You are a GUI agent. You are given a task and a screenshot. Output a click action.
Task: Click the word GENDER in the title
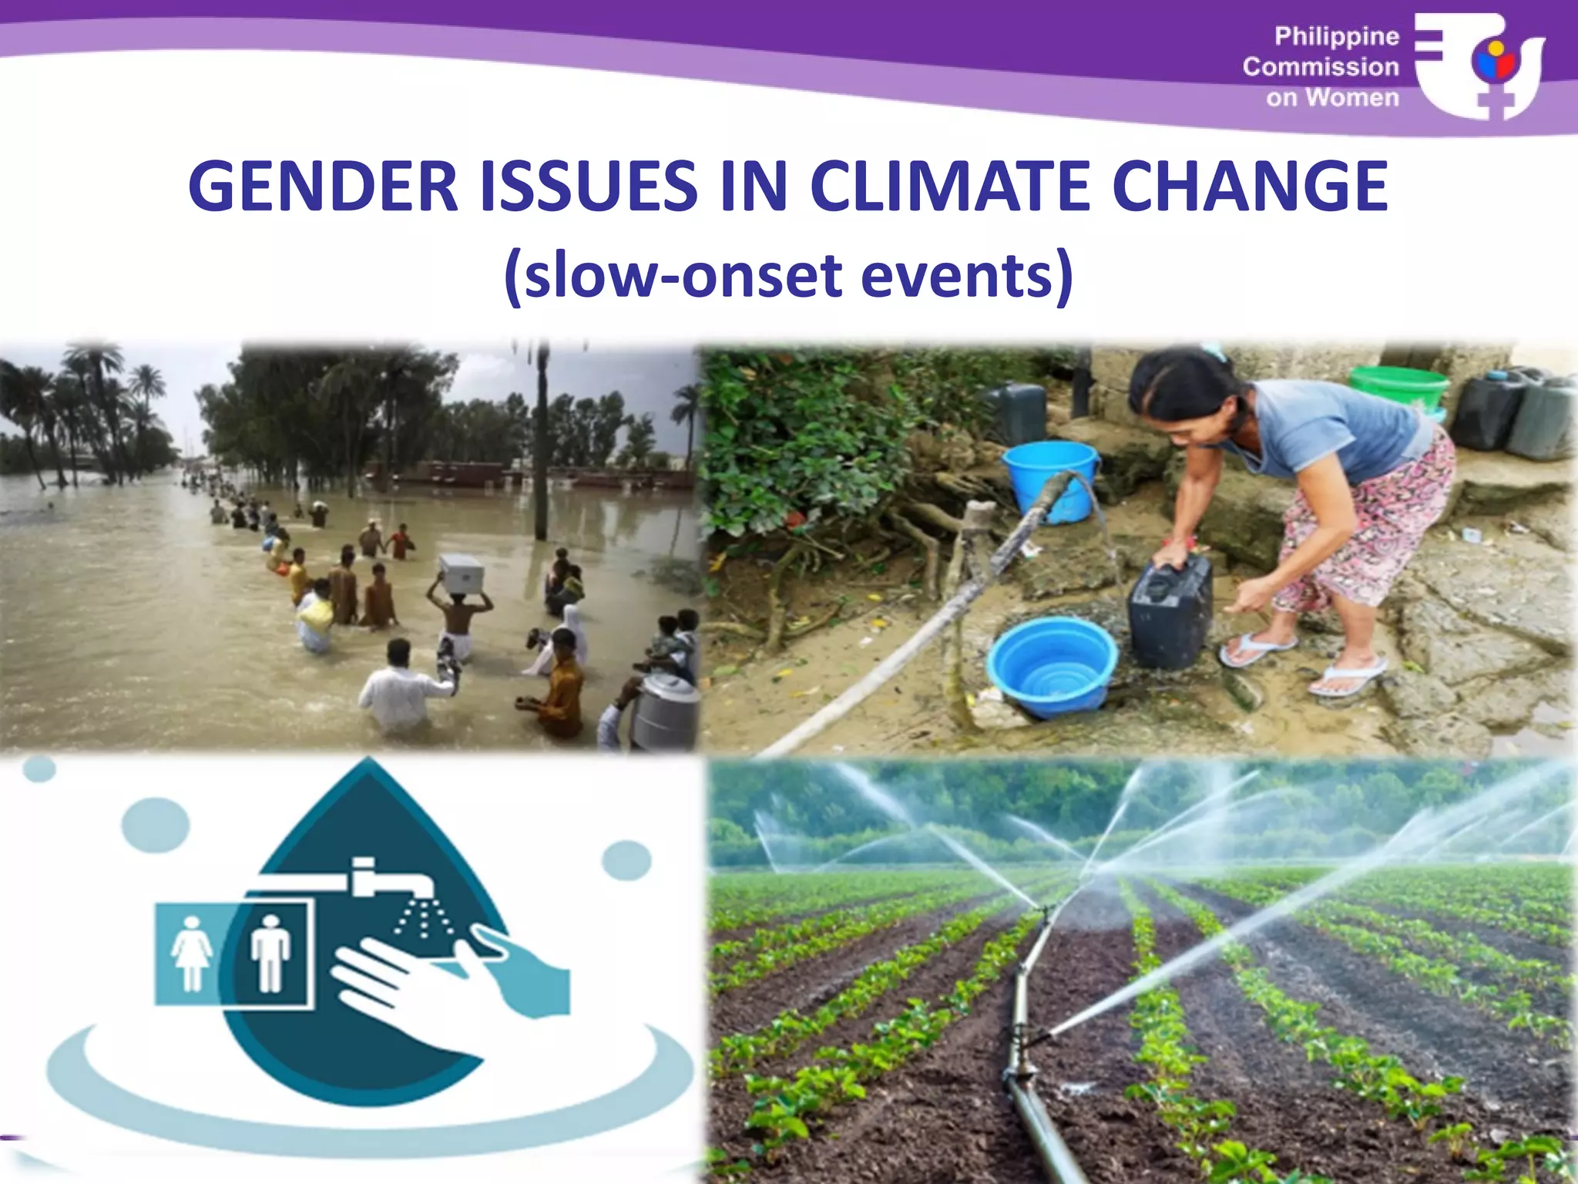[x=324, y=187]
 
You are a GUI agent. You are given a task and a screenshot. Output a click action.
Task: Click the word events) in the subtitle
[x=966, y=276]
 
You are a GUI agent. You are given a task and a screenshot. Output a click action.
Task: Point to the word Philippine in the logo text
[x=1336, y=36]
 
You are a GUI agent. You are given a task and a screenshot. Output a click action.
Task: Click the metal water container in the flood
[x=664, y=709]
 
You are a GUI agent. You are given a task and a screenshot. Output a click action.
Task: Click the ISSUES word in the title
[x=589, y=187]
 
